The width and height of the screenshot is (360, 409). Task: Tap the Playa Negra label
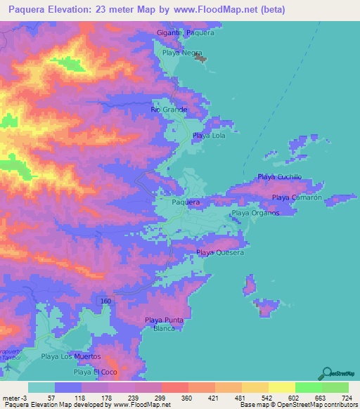[183, 53]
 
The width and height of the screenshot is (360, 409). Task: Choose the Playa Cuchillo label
[280, 177]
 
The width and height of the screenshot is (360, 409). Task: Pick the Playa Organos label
[255, 213]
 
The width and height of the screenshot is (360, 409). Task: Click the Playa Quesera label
[220, 252]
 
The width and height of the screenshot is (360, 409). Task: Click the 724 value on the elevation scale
[346, 397]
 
